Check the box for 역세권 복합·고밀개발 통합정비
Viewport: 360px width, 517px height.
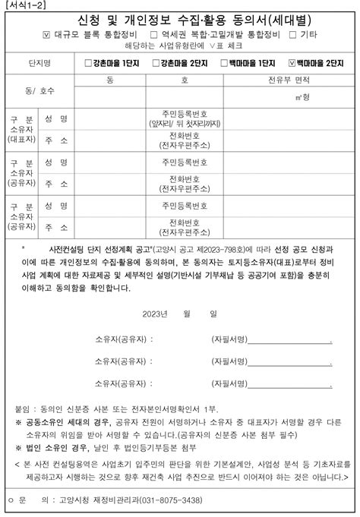[155, 34]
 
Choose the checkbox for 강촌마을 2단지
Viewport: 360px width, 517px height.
[155, 63]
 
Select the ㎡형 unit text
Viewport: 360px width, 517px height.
[308, 97]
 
